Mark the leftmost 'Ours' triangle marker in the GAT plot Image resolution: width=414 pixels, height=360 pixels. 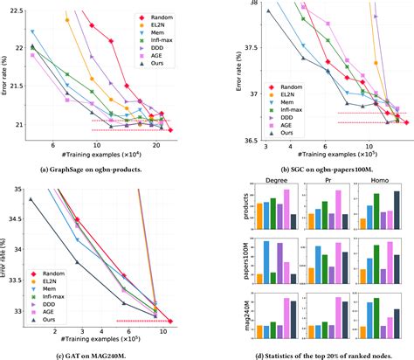(x=31, y=198)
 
